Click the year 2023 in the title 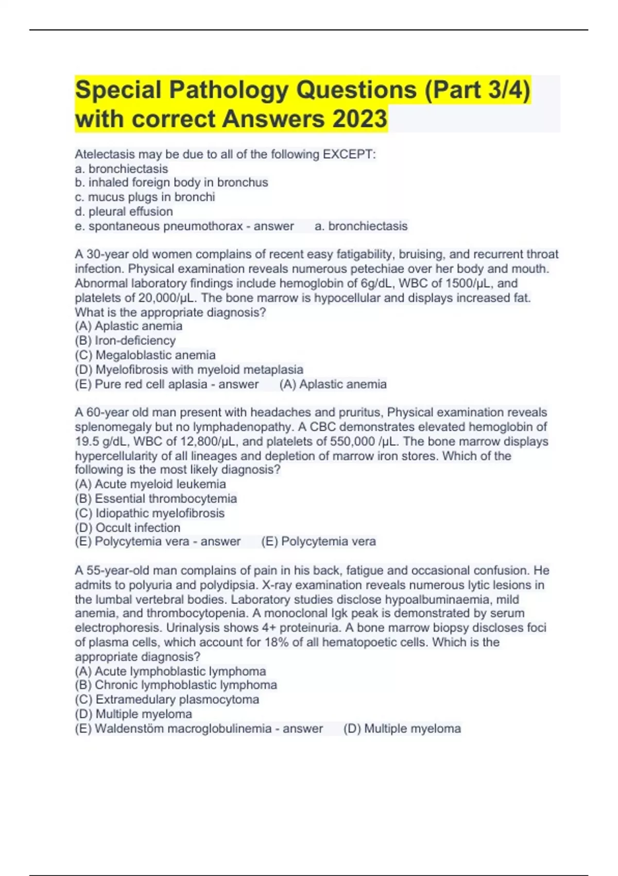(359, 119)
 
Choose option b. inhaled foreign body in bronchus (171, 182)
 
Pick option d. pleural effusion (124, 211)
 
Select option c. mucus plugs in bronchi (145, 197)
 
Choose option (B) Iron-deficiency (125, 341)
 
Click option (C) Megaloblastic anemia (145, 355)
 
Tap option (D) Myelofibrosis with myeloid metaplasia (189, 369)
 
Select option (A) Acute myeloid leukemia (150, 484)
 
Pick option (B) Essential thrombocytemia (156, 498)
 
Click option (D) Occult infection (128, 528)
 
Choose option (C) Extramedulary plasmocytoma (167, 699)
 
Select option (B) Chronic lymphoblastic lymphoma (176, 685)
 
